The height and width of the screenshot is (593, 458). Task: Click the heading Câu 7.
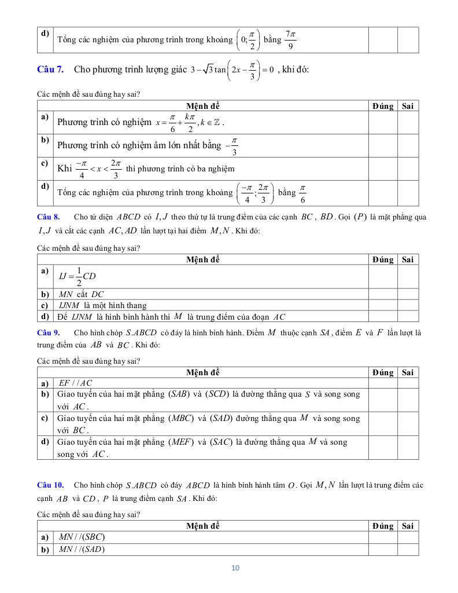(50, 69)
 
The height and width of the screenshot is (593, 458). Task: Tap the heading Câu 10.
(50, 485)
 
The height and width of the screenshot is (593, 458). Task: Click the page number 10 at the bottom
(235, 568)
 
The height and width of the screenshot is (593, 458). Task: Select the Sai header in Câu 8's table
(408, 260)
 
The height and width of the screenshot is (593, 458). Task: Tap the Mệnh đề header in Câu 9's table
(203, 372)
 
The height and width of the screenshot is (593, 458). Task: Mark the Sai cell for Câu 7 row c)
(408, 169)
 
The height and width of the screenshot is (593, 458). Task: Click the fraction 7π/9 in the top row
(290, 40)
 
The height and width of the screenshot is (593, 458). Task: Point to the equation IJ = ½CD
(77, 277)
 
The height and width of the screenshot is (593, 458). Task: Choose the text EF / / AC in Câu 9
(76, 383)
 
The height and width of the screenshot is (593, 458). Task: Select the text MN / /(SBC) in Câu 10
(82, 537)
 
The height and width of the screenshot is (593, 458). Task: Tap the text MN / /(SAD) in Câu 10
(82, 549)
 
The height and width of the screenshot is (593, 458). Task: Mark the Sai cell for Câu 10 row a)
(408, 537)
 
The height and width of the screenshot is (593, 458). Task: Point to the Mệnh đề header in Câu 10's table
(203, 526)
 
